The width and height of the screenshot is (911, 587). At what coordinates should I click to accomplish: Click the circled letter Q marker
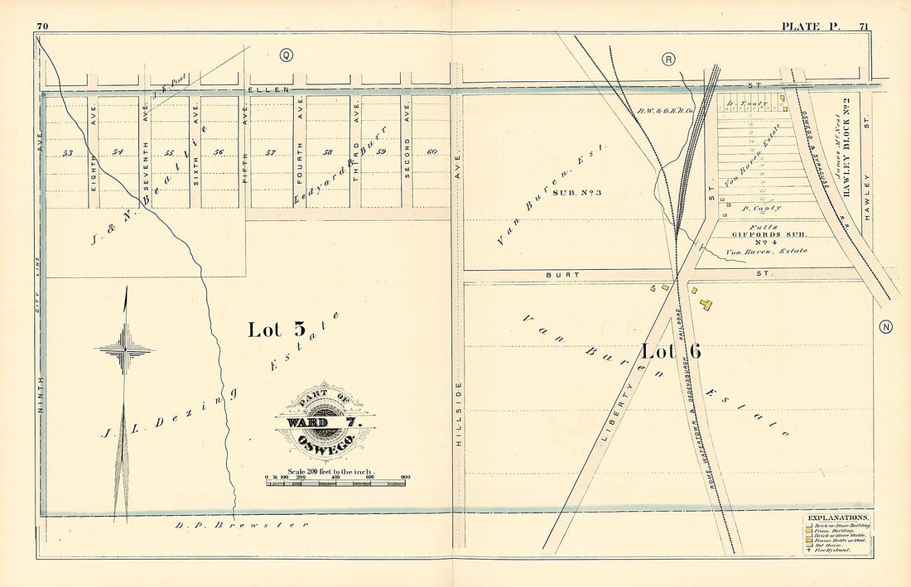pyautogui.click(x=287, y=55)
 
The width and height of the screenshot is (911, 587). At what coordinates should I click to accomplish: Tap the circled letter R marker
pyautogui.click(x=669, y=58)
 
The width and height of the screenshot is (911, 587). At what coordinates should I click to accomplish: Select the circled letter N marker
pyautogui.click(x=886, y=326)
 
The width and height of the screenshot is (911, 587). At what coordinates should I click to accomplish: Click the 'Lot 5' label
pyautogui.click(x=276, y=330)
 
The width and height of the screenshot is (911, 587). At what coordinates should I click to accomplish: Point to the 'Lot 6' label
pyautogui.click(x=671, y=351)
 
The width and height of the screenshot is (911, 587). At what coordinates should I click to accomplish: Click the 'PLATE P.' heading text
pyautogui.click(x=810, y=26)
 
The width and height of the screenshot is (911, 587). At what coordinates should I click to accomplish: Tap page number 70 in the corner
pyautogui.click(x=43, y=26)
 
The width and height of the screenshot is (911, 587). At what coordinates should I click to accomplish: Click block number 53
pyautogui.click(x=68, y=152)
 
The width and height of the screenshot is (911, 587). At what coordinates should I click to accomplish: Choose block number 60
pyautogui.click(x=431, y=152)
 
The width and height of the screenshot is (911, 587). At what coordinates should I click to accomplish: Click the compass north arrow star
pyautogui.click(x=124, y=348)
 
